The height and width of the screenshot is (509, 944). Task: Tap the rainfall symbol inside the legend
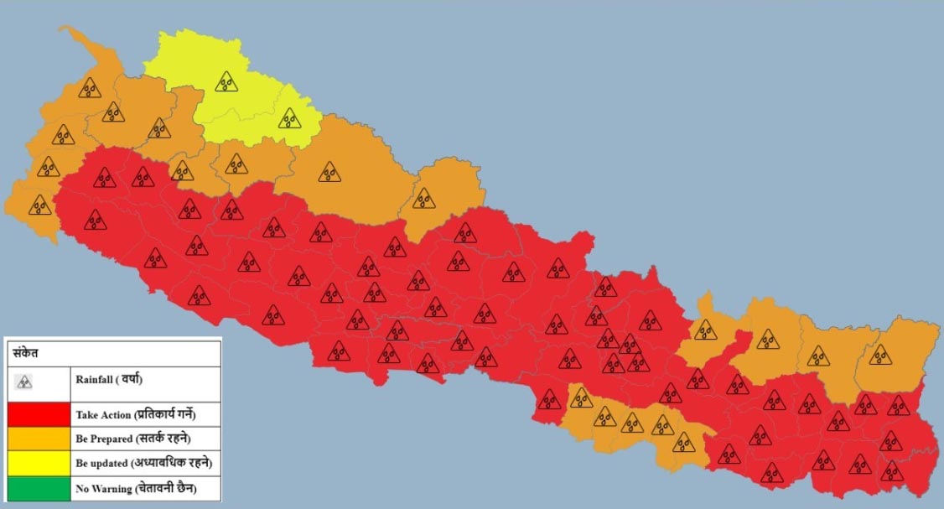[24, 382]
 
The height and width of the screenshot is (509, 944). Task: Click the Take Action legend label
[103, 414]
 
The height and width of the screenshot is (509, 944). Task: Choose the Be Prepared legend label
[104, 439]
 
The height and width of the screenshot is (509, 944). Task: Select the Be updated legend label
[103, 463]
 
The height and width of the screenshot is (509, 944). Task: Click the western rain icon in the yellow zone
[226, 81]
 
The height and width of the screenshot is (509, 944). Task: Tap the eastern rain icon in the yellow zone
[289, 118]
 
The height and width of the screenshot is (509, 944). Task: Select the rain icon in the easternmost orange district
[880, 355]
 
